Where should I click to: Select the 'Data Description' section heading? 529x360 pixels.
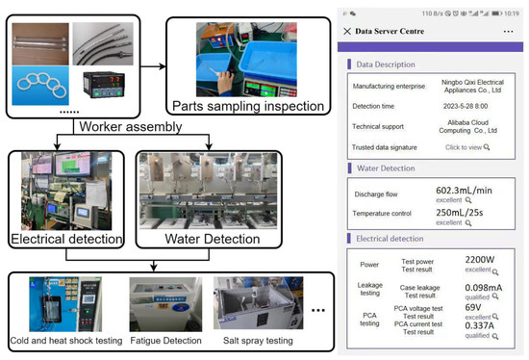pyautogui.click(x=390, y=64)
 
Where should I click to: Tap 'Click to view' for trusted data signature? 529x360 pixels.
pyautogui.click(x=463, y=147)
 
